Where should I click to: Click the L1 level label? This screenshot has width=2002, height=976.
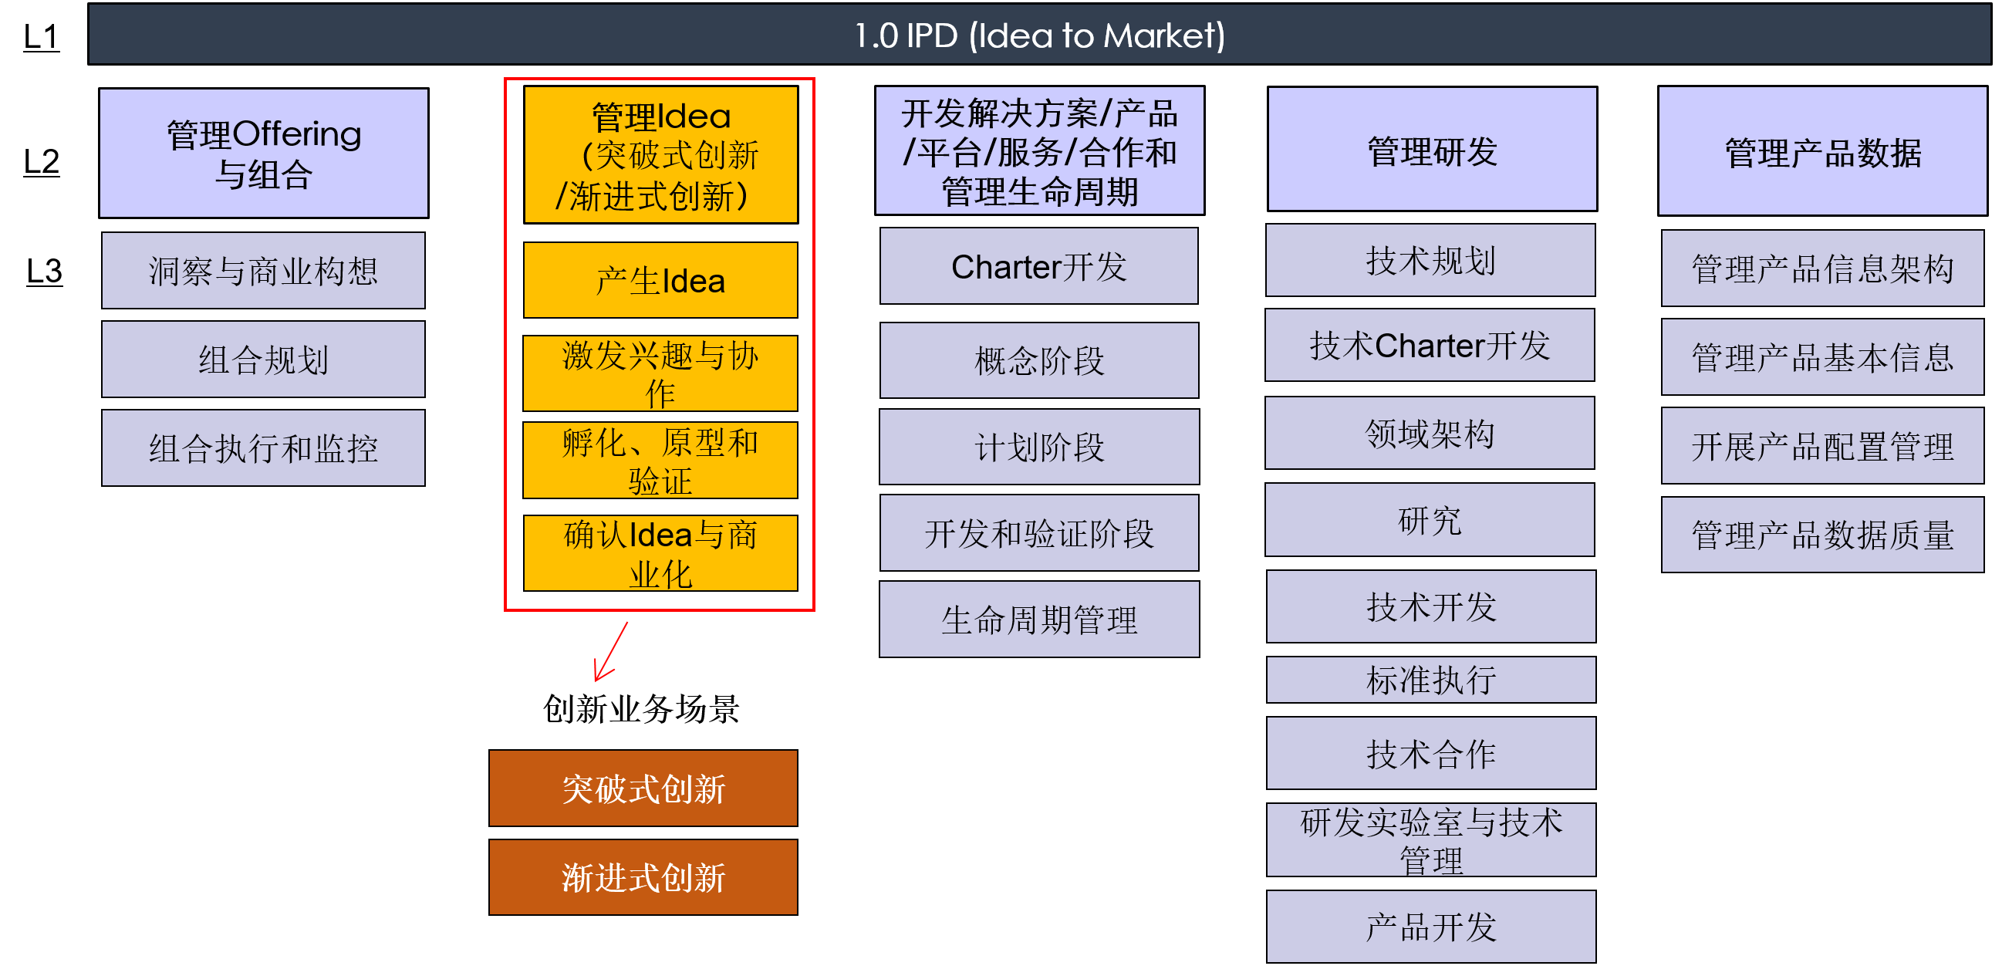click(41, 36)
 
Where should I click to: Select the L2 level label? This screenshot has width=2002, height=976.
click(41, 161)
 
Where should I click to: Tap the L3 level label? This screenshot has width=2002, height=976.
click(44, 272)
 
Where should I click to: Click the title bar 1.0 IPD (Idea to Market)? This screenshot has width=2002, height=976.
click(1038, 35)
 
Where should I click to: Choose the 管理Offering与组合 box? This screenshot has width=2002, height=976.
click(264, 153)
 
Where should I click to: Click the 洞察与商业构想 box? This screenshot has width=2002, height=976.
click(264, 270)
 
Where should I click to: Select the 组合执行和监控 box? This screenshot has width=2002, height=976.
click(264, 448)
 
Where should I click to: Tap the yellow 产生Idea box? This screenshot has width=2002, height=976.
click(660, 281)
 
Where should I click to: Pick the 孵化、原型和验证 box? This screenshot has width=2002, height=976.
click(660, 461)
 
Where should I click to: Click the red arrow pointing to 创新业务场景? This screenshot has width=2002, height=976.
click(610, 651)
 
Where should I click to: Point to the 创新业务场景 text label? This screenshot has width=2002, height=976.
click(641, 709)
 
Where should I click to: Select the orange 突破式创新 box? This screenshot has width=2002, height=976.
click(643, 788)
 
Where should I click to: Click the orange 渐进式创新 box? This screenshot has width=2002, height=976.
click(643, 877)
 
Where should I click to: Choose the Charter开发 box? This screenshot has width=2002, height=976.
click(1038, 266)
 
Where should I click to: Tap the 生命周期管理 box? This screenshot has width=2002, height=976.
click(1038, 620)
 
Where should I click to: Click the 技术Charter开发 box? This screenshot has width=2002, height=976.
click(1430, 346)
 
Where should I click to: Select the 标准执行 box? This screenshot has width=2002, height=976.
click(1431, 680)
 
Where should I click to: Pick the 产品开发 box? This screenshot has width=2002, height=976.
click(1431, 927)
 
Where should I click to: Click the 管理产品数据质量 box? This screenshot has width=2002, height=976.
click(1821, 535)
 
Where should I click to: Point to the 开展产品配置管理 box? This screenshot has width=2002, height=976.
click(1821, 446)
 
